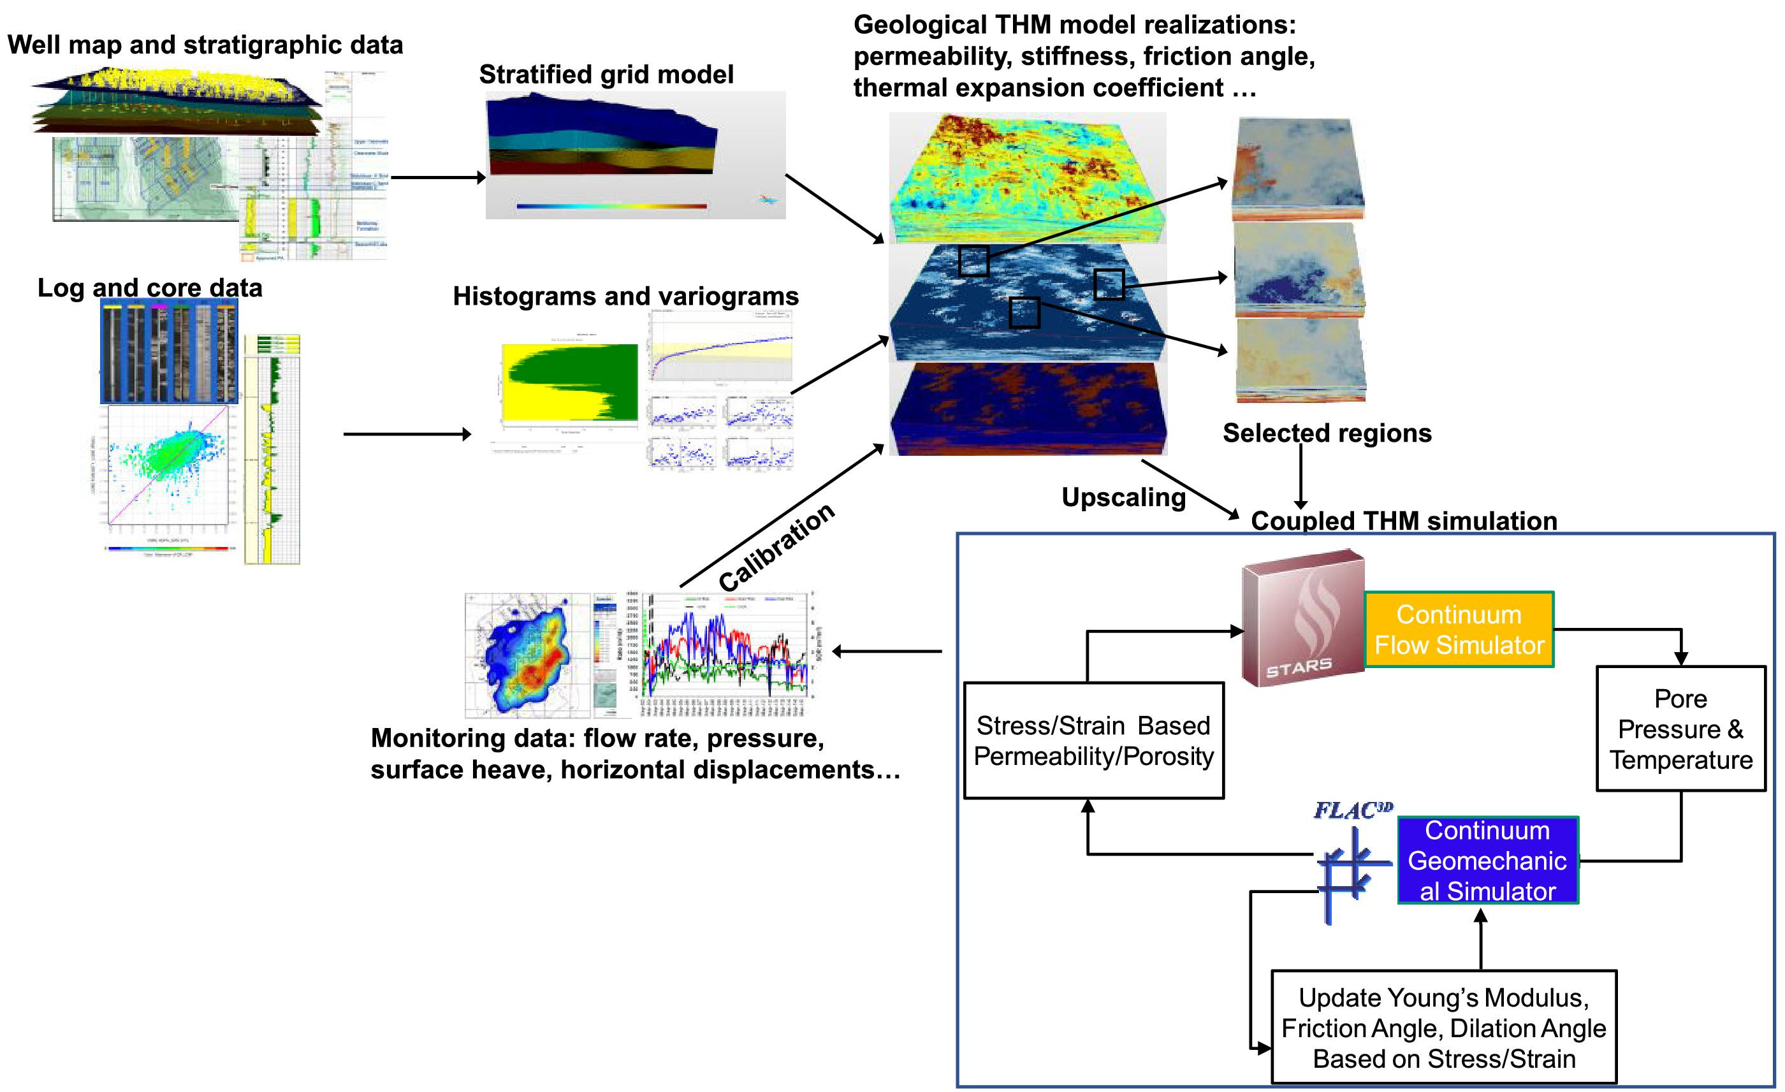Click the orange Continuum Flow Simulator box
[x=1459, y=629]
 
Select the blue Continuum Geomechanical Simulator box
[x=1487, y=860]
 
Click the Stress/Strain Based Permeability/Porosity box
[x=1093, y=740]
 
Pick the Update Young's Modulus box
[x=1443, y=1027]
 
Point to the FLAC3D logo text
[x=1353, y=810]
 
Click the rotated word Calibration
[x=776, y=547]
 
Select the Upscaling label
[x=1123, y=497]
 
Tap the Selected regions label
[x=1327, y=433]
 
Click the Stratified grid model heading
[x=606, y=74]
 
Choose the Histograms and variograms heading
[x=625, y=296]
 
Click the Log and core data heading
[x=149, y=287]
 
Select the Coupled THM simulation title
[x=1403, y=520]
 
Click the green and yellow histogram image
[x=570, y=382]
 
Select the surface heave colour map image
[x=528, y=655]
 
